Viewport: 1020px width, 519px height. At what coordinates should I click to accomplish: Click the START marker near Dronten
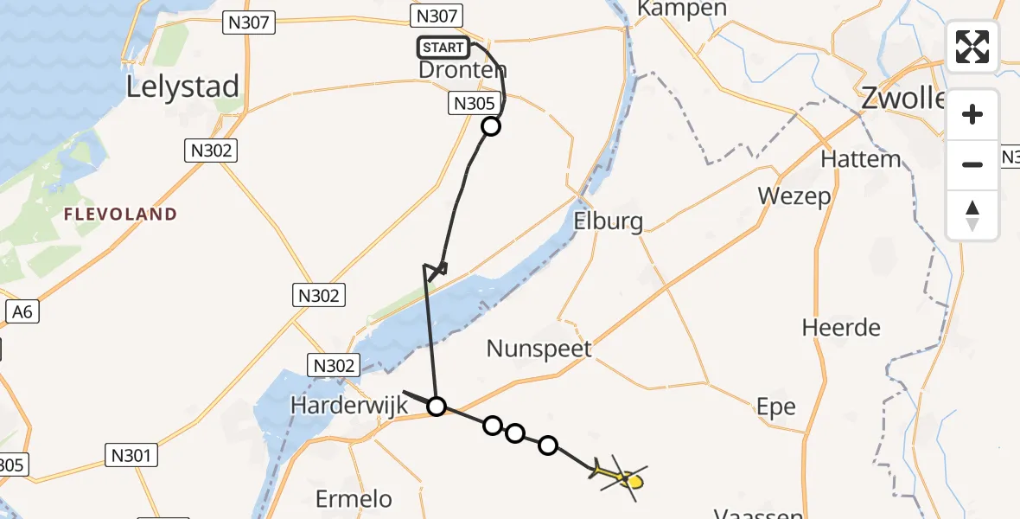click(x=443, y=48)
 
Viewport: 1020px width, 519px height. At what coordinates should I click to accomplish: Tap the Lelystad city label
click(x=182, y=87)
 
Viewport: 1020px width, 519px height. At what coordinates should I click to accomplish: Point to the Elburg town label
click(x=609, y=222)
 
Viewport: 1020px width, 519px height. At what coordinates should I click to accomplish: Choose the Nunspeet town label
click(x=539, y=349)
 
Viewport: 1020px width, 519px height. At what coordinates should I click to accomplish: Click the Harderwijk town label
click(x=348, y=405)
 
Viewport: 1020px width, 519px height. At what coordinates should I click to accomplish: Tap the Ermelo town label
click(x=354, y=499)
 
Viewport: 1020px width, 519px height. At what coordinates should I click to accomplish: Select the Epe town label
click(x=775, y=407)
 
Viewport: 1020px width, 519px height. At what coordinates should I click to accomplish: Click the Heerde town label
click(x=841, y=328)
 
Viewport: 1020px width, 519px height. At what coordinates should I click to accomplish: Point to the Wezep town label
click(x=794, y=196)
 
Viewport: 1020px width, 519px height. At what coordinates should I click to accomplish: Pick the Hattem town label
click(x=860, y=159)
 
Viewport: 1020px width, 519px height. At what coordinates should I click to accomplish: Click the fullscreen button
click(x=972, y=47)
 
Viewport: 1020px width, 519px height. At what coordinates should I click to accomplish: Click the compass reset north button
click(x=972, y=215)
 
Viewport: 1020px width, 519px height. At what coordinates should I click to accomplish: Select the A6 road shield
click(x=22, y=311)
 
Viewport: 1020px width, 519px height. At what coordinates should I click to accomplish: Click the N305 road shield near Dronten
click(x=474, y=105)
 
